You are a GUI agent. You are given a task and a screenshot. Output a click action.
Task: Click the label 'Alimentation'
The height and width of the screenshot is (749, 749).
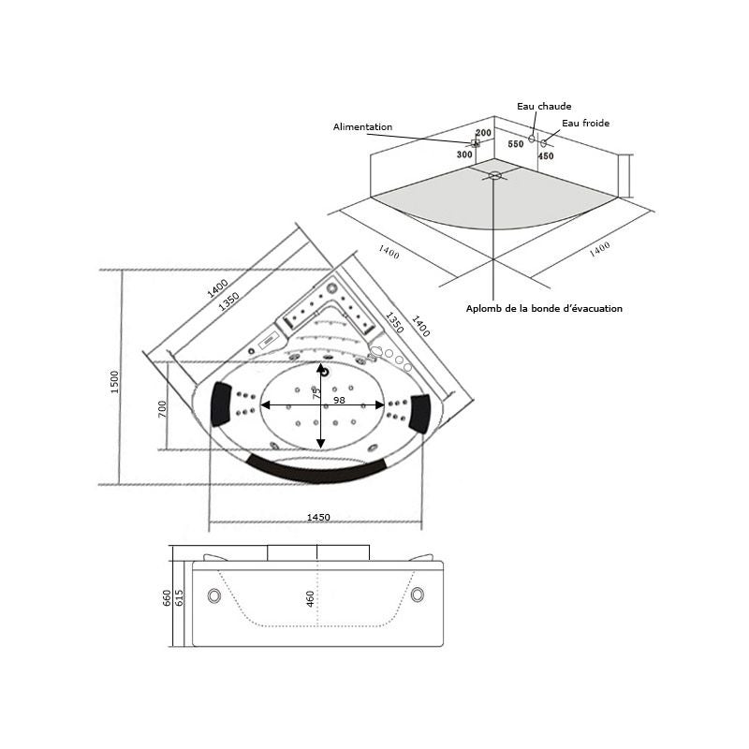(x=363, y=127)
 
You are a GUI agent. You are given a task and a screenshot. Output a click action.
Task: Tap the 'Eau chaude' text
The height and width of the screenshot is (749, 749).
(x=544, y=107)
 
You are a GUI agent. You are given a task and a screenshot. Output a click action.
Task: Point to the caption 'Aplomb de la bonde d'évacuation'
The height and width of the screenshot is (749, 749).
(x=544, y=308)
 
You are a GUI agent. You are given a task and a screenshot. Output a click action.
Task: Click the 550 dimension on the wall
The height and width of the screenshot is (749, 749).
(x=516, y=145)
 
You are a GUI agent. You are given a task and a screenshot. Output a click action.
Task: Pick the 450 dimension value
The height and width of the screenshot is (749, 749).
(x=546, y=156)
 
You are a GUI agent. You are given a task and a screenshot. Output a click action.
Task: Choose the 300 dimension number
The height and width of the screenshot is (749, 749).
(x=464, y=154)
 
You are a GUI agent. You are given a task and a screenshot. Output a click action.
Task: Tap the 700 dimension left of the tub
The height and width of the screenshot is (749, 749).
(x=162, y=409)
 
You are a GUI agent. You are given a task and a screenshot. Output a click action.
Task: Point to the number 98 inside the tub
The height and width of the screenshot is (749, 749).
(x=339, y=400)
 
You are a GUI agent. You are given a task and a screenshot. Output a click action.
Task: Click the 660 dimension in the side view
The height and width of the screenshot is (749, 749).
(x=168, y=597)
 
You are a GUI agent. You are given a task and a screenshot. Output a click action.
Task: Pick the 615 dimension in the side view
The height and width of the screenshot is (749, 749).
(x=180, y=597)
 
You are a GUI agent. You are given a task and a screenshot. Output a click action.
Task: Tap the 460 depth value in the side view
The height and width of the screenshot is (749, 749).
(x=311, y=599)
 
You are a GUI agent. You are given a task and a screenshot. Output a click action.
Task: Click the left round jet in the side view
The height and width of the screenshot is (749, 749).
(x=216, y=595)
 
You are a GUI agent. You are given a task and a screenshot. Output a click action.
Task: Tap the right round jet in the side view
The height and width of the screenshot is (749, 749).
(x=416, y=594)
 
